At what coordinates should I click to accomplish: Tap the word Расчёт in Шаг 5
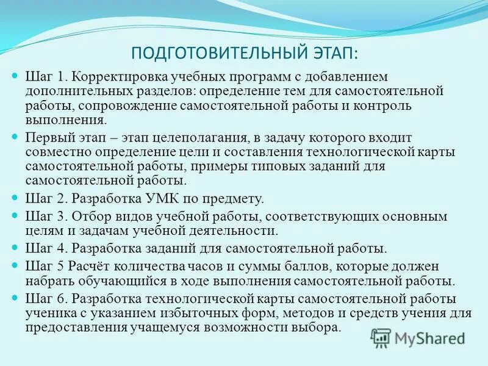90,267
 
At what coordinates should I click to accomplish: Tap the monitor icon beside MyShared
381,337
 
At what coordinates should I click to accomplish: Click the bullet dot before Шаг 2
16,198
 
